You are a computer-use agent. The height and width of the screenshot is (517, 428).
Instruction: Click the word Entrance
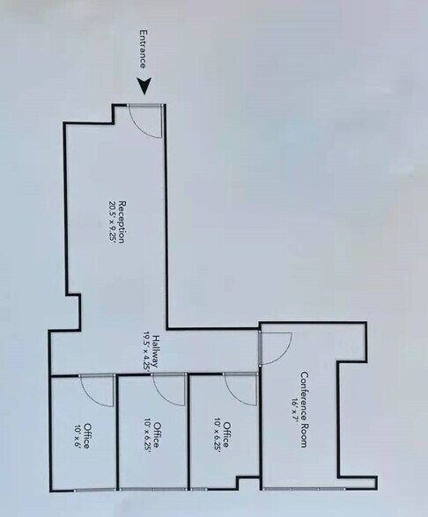[143, 49]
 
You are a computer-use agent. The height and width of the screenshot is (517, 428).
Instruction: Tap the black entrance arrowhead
[144, 86]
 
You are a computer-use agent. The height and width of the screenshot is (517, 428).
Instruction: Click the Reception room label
[122, 222]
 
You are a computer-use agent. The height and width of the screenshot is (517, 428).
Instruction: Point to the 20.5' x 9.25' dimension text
[112, 222]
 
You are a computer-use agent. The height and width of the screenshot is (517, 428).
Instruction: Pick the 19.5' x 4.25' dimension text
[146, 352]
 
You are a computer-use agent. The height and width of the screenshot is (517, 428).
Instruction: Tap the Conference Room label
[304, 410]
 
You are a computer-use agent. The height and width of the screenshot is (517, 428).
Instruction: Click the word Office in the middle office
[158, 434]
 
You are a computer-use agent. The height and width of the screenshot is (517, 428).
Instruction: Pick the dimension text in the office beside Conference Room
[217, 434]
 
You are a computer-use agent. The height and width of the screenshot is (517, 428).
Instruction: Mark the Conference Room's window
[304, 488]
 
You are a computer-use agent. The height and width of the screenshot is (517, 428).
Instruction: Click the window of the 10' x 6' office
[95, 491]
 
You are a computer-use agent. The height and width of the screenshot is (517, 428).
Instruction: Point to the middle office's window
[154, 489]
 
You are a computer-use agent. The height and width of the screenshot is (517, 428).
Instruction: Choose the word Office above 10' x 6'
[86, 435]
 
